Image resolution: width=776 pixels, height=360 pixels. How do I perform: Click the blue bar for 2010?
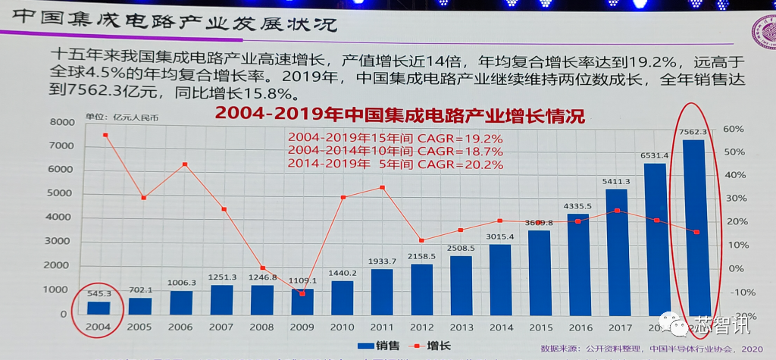pyautogui.click(x=343, y=298)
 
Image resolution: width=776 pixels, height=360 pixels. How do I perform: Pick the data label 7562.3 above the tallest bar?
pyautogui.click(x=694, y=131)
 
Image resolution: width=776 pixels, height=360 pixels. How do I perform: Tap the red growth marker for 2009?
pyautogui.click(x=302, y=293)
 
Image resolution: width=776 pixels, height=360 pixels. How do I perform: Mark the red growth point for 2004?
pyautogui.click(x=105, y=135)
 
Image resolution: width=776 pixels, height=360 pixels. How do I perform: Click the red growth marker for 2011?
pyautogui.click(x=382, y=187)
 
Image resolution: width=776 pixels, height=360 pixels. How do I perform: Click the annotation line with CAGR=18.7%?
pyautogui.click(x=394, y=151)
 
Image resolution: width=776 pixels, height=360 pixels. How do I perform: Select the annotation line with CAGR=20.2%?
pyautogui.click(x=394, y=164)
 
